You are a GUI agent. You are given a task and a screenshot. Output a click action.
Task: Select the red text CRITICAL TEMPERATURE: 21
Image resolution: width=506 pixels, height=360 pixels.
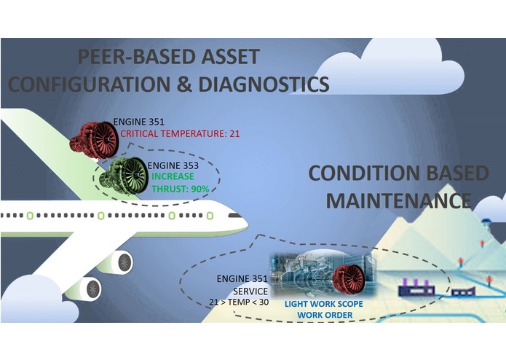click(x=180, y=134)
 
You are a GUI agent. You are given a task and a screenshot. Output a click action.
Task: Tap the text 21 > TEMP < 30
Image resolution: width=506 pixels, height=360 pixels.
click(x=236, y=300)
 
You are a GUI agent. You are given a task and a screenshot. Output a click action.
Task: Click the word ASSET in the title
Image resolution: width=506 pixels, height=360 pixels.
click(x=232, y=57)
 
